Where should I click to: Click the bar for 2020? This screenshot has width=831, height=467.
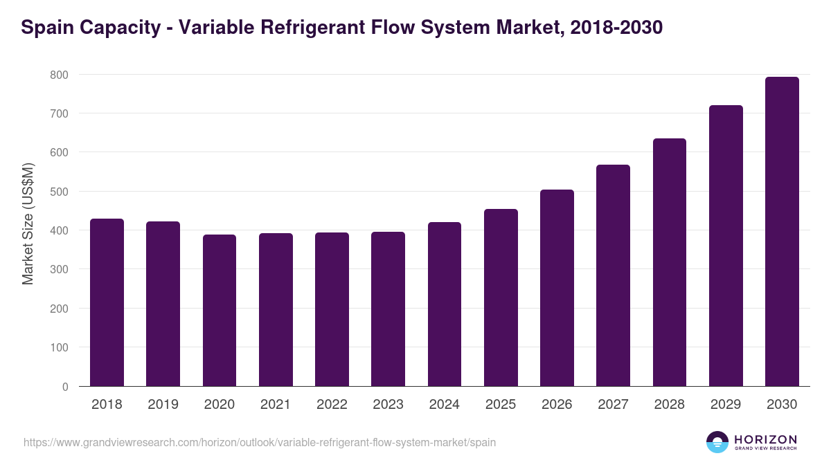click(x=220, y=311)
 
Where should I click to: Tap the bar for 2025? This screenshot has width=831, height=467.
click(x=501, y=297)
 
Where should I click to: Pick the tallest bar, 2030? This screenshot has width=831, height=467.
click(x=782, y=232)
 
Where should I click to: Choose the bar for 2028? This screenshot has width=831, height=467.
click(x=670, y=263)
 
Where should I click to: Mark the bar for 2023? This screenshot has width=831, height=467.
click(x=388, y=309)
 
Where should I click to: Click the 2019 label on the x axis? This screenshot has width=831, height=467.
click(x=163, y=405)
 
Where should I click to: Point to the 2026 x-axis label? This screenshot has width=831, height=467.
click(x=557, y=405)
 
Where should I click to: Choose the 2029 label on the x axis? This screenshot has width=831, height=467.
click(x=726, y=405)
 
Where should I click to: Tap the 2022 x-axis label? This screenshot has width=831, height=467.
click(x=332, y=405)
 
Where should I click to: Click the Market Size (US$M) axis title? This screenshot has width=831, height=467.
click(x=28, y=223)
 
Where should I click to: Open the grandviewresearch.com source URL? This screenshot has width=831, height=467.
click(x=260, y=442)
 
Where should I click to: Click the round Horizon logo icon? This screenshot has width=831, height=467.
click(x=717, y=442)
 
